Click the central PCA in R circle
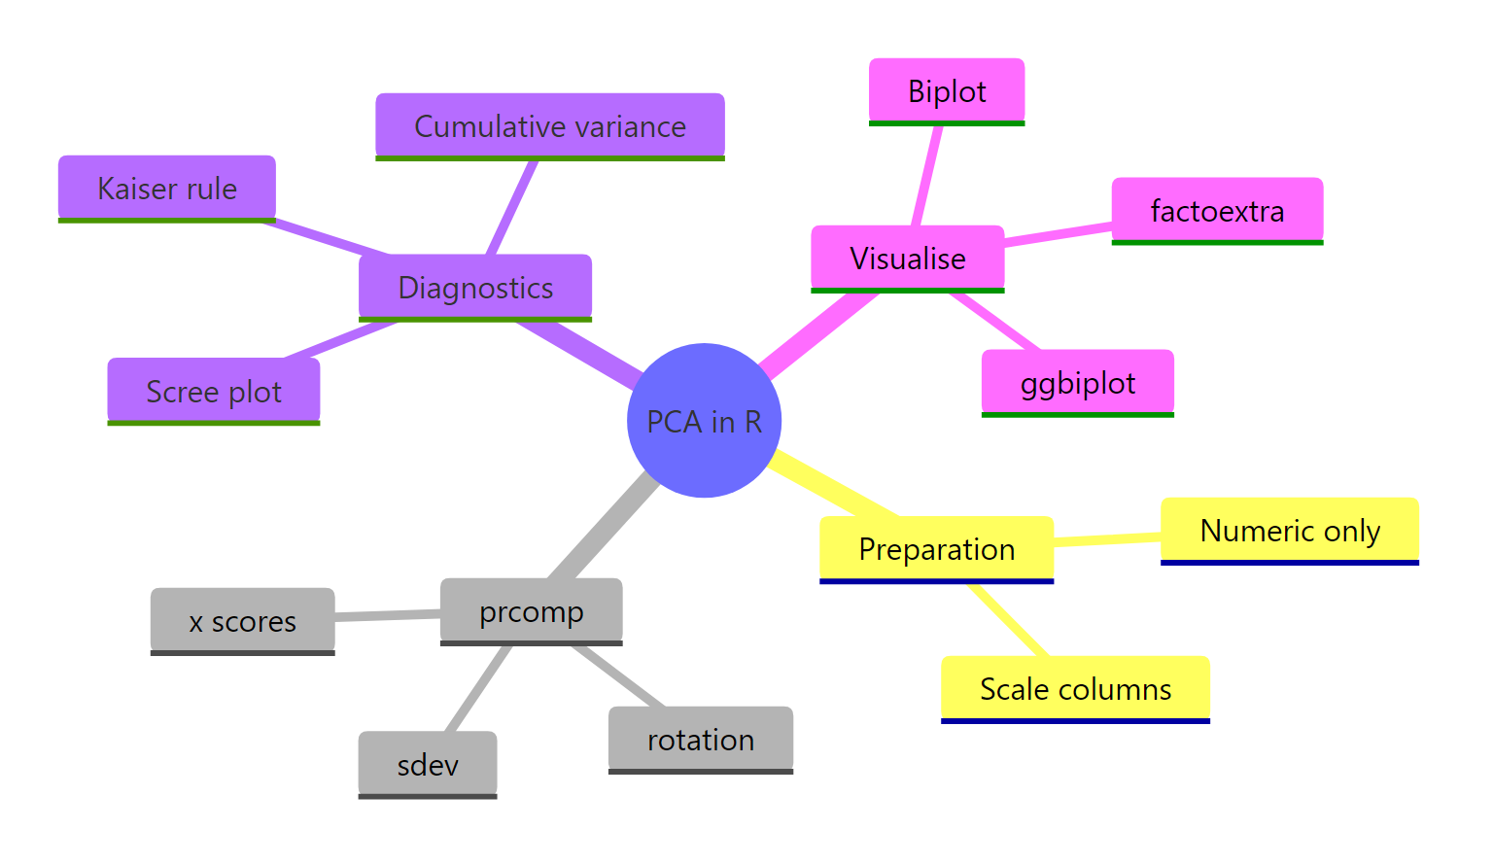pyautogui.click(x=704, y=420)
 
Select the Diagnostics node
pyautogui.click(x=475, y=288)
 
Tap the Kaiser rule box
pyautogui.click(x=167, y=189)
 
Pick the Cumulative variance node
pyautogui.click(x=550, y=126)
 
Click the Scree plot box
pyautogui.click(x=214, y=392)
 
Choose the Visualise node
pyautogui.click(x=907, y=259)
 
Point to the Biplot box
pyautogui.click(x=947, y=91)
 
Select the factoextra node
pyautogui.click(x=1217, y=211)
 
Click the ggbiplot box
pyautogui.click(x=1077, y=383)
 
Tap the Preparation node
pyautogui.click(x=936, y=549)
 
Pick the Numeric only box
pyautogui.click(x=1289, y=531)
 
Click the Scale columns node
pyautogui.click(x=1075, y=689)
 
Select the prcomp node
pyautogui.click(x=531, y=611)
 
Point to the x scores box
pyautogui.click(x=242, y=621)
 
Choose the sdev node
pyautogui.click(x=428, y=765)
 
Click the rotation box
pyautogui.click(x=701, y=740)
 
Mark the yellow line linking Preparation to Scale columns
pyautogui.click(x=1009, y=620)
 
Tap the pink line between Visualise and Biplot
pyautogui.click(x=927, y=176)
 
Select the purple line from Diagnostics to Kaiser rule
pyautogui.click(x=326, y=237)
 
